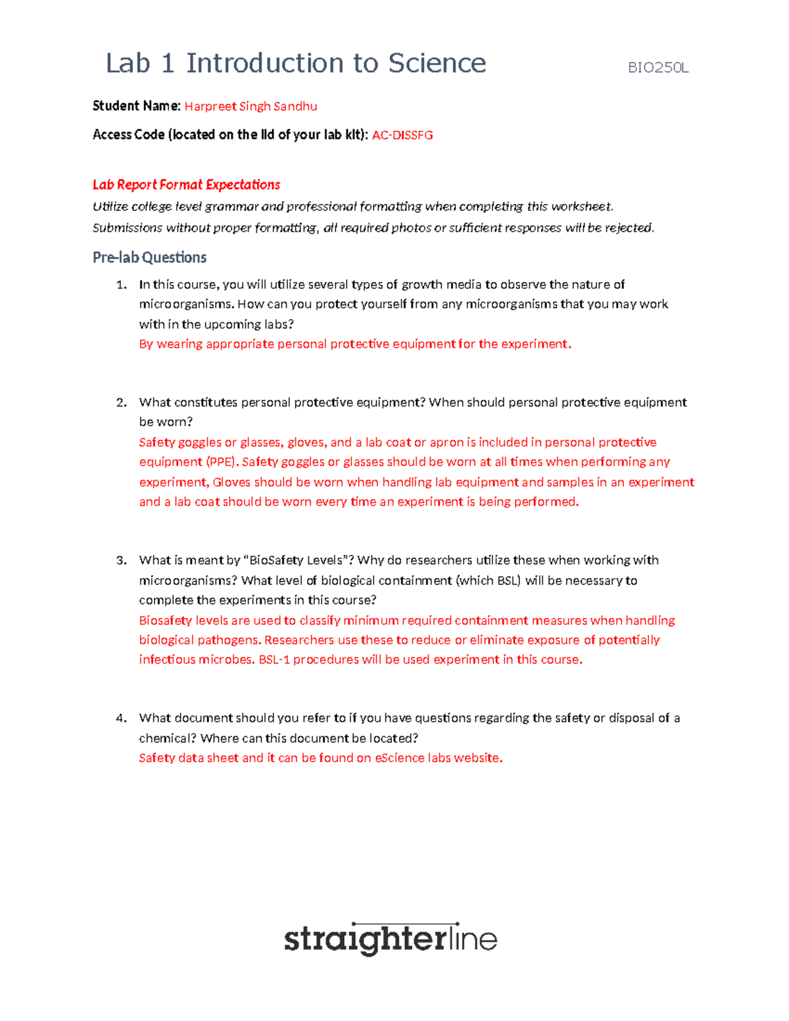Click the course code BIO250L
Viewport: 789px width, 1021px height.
[x=658, y=68]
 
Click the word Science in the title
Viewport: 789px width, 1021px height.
[x=437, y=64]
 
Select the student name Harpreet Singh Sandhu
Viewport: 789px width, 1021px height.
[x=251, y=107]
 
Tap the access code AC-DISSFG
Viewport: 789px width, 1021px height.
[x=402, y=135]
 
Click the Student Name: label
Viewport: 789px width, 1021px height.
[x=136, y=106]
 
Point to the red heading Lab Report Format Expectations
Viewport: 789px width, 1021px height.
[x=186, y=185]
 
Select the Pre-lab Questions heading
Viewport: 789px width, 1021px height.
[x=149, y=258]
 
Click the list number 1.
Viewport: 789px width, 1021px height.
[x=121, y=285]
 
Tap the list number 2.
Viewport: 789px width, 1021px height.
[x=121, y=402]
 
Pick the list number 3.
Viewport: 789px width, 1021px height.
[x=121, y=560]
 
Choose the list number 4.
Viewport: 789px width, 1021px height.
[x=121, y=718]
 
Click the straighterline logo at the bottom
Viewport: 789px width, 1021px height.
[x=391, y=939]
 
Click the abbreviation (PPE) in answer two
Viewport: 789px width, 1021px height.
[x=220, y=462]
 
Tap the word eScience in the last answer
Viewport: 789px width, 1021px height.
[x=400, y=758]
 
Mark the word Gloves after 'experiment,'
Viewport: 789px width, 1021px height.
[x=231, y=482]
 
